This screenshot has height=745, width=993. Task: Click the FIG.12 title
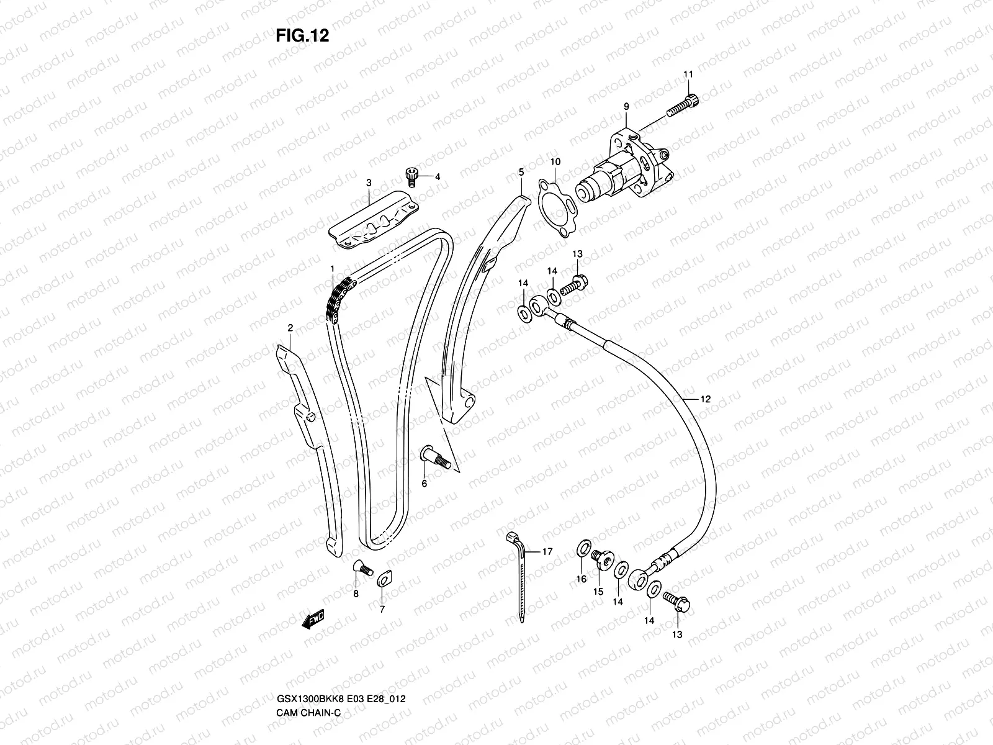point(302,36)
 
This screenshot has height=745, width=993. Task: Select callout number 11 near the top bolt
point(688,75)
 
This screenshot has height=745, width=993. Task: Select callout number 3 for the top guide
point(369,183)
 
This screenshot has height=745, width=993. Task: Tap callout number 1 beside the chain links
point(333,268)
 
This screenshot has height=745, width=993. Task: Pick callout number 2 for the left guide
point(290,327)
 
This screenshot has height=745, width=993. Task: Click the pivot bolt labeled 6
point(433,458)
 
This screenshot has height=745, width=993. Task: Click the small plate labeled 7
point(383,580)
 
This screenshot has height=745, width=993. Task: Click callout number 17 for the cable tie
point(547,551)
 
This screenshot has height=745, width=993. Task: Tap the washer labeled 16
point(583,548)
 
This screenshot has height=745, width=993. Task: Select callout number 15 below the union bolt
point(598,592)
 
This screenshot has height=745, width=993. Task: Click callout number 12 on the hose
point(705,399)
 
